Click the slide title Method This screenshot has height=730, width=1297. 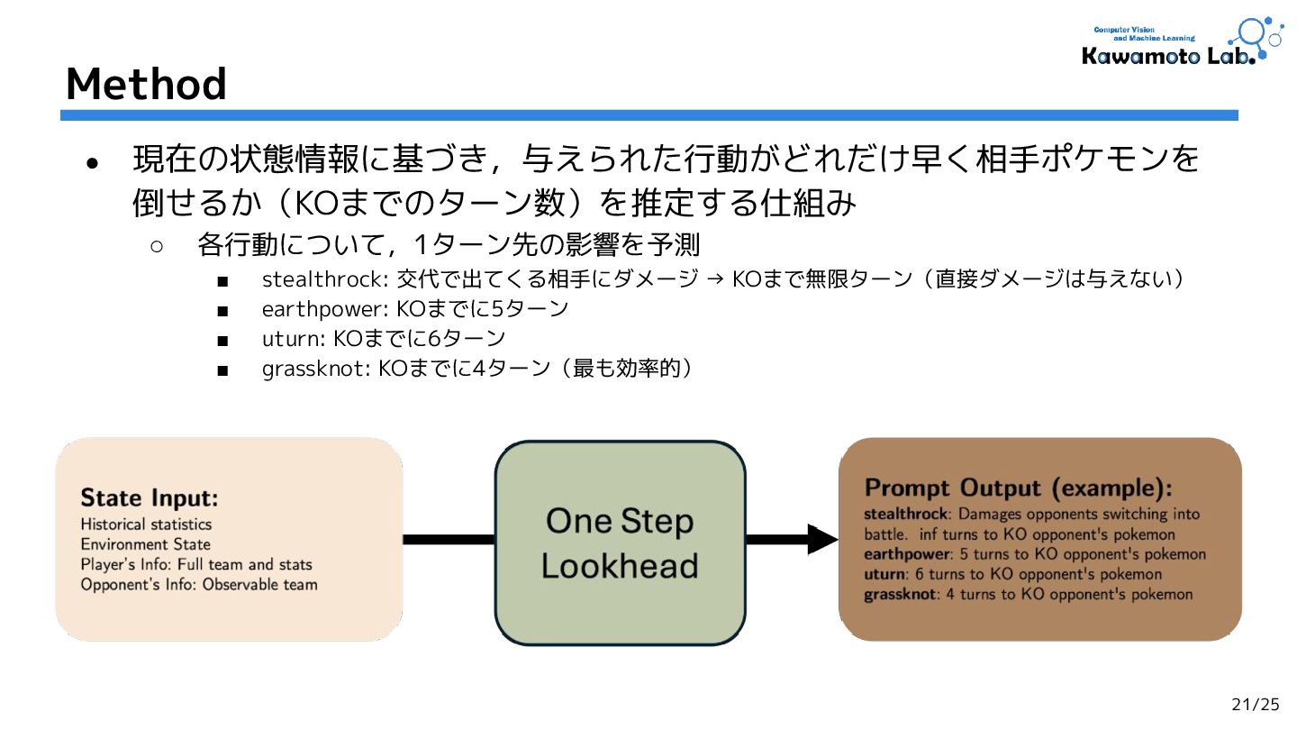(x=146, y=84)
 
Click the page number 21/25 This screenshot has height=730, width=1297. (x=1255, y=705)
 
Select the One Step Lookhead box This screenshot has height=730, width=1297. (x=620, y=543)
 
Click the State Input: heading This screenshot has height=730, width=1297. (x=150, y=497)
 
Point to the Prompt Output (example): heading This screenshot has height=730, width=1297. (x=1019, y=488)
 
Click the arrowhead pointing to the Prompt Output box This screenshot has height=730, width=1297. (x=821, y=539)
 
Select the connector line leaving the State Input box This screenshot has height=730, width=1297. (x=449, y=539)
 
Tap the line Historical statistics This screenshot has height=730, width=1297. (x=146, y=525)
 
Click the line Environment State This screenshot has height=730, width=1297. (x=145, y=544)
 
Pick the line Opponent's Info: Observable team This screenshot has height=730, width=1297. (x=199, y=584)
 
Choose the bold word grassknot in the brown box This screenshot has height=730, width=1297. (x=900, y=594)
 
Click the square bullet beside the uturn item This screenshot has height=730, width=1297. (x=222, y=341)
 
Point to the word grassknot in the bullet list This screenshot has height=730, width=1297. (x=316, y=370)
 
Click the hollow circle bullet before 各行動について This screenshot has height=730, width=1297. (x=157, y=246)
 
